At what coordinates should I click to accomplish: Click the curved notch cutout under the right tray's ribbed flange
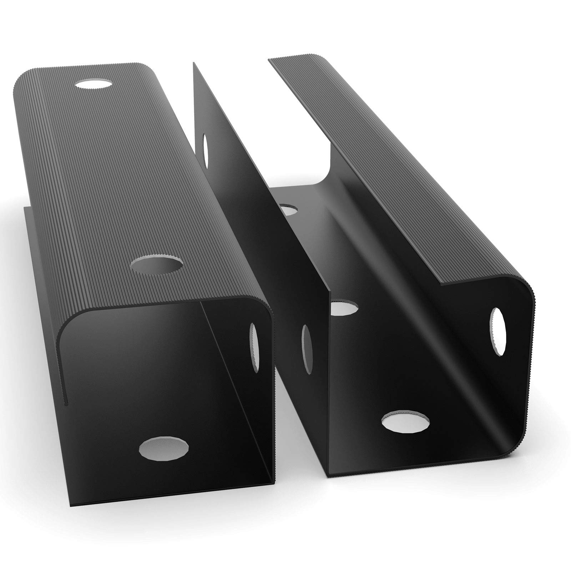[x=323, y=161]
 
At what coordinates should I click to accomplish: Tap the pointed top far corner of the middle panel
[x=194, y=64]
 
